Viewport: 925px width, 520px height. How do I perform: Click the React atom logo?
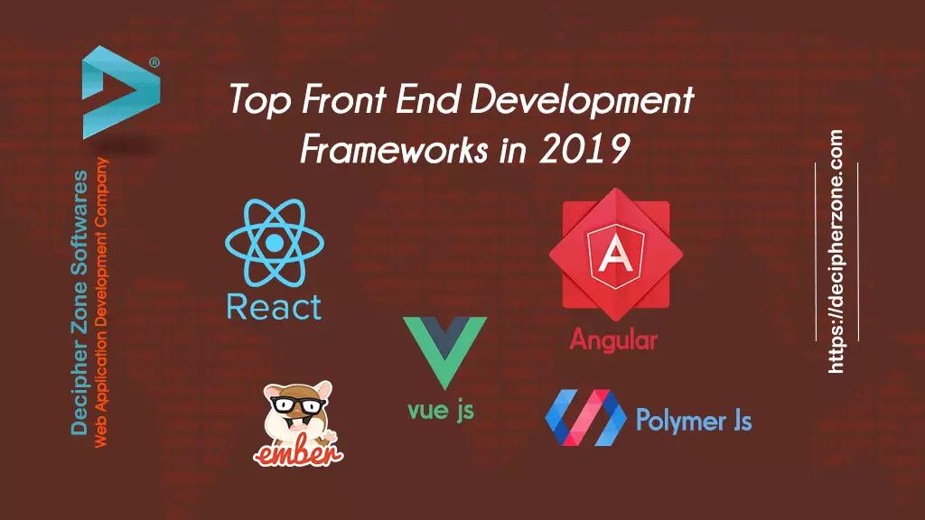275,242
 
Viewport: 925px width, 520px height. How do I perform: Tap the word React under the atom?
275,307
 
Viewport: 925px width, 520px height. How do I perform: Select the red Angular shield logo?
615,255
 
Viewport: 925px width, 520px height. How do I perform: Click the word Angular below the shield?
613,340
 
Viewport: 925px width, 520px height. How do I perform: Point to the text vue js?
441,411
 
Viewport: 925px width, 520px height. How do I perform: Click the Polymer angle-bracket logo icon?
585,417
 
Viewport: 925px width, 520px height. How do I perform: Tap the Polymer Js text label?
694,421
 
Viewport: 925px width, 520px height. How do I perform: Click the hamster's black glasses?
298,405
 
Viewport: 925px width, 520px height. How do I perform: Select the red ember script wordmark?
298,453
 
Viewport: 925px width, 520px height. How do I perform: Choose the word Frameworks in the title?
394,149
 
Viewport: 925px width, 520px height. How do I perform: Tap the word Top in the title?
260,99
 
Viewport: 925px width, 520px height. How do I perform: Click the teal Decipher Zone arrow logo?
121,92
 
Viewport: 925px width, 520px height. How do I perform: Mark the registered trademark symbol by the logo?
154,62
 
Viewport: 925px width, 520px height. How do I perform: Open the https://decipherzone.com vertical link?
836,252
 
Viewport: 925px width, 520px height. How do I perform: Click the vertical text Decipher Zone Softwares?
79,303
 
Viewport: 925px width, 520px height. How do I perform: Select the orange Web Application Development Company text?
101,302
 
